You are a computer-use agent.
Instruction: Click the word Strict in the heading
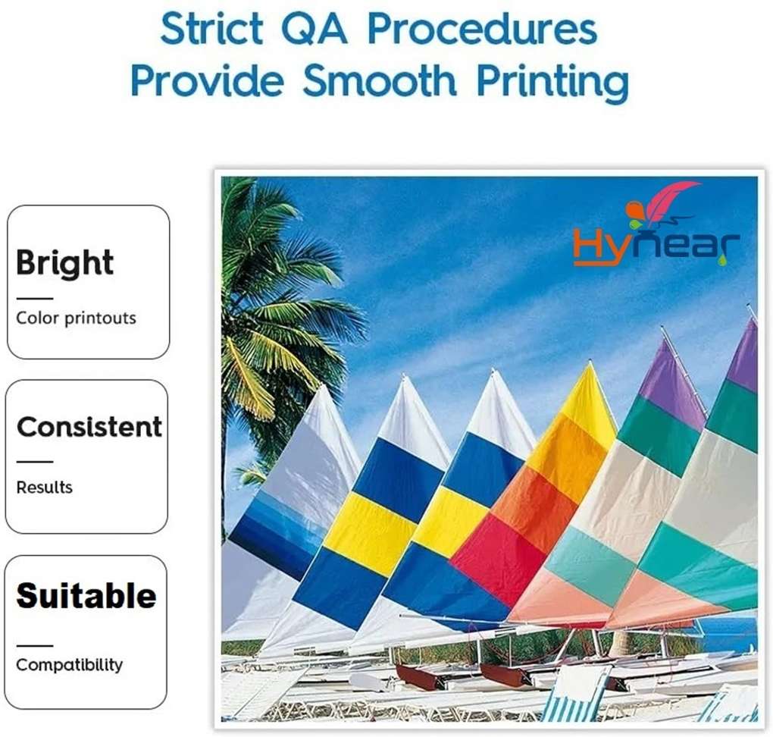point(211,29)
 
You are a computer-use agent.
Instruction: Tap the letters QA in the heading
point(315,30)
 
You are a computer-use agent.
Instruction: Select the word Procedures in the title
point(482,29)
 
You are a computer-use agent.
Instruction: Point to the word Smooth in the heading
point(380,80)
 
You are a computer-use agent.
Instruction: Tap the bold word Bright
point(64,263)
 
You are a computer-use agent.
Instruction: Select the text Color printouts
point(76,318)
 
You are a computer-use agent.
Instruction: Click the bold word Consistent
point(89,427)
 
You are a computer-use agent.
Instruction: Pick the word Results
point(45,488)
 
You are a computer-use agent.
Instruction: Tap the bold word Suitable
point(86,595)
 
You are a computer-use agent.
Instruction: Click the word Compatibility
point(70,665)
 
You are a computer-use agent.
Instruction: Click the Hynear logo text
point(656,246)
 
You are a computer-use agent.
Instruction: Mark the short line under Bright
point(35,299)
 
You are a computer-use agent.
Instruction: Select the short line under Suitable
point(35,645)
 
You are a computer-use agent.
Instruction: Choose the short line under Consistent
point(35,462)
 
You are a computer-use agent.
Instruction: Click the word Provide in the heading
point(208,80)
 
